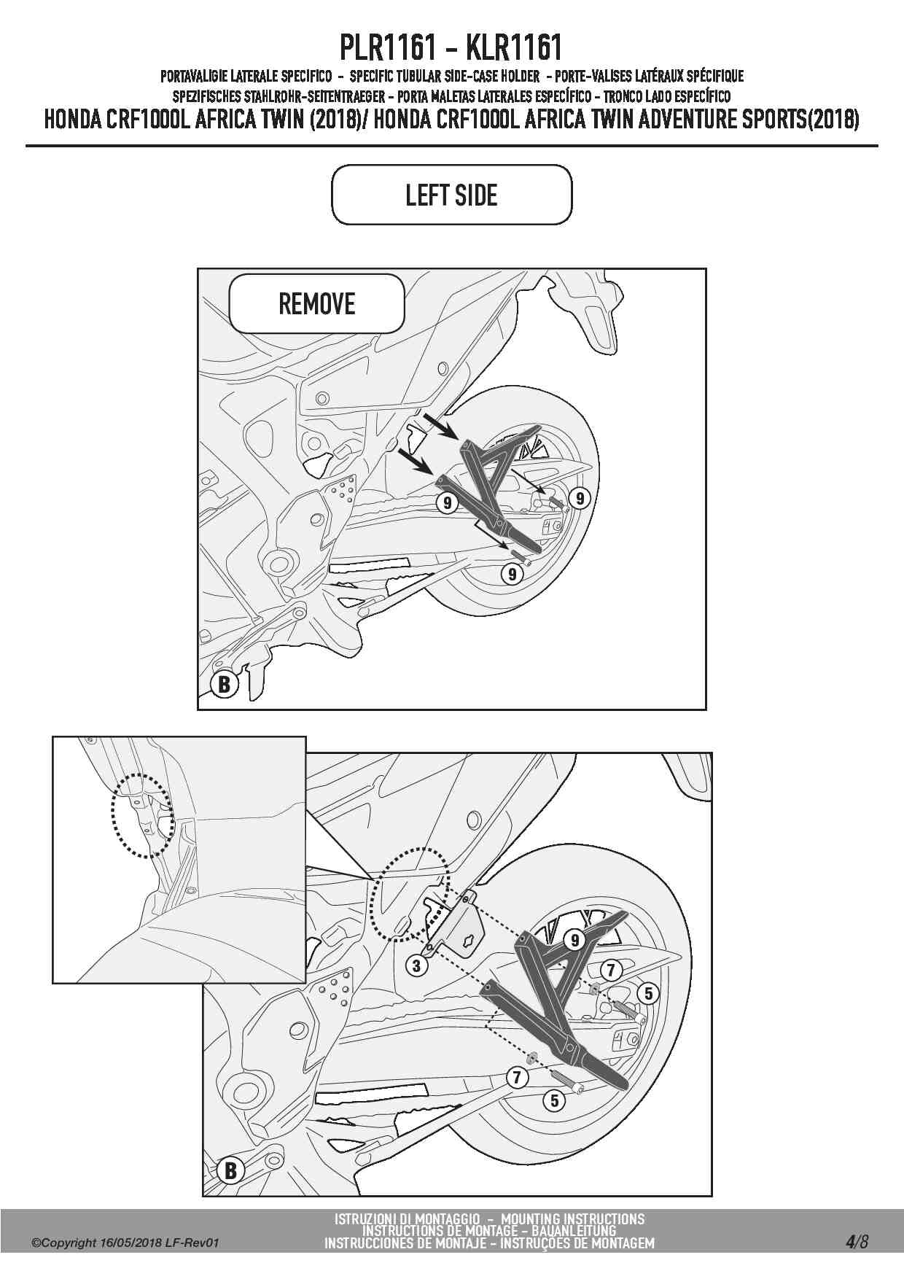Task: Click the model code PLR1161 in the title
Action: point(389,48)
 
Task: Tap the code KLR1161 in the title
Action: point(513,48)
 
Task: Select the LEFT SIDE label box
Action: point(451,195)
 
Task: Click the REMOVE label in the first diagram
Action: point(316,303)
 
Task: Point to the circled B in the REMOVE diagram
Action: point(225,684)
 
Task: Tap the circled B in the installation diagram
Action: point(230,1170)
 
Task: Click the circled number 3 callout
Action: point(416,966)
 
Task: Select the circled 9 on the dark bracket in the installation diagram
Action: point(575,940)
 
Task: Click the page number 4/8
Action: point(857,1241)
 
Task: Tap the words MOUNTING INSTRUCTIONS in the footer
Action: point(573,1218)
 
